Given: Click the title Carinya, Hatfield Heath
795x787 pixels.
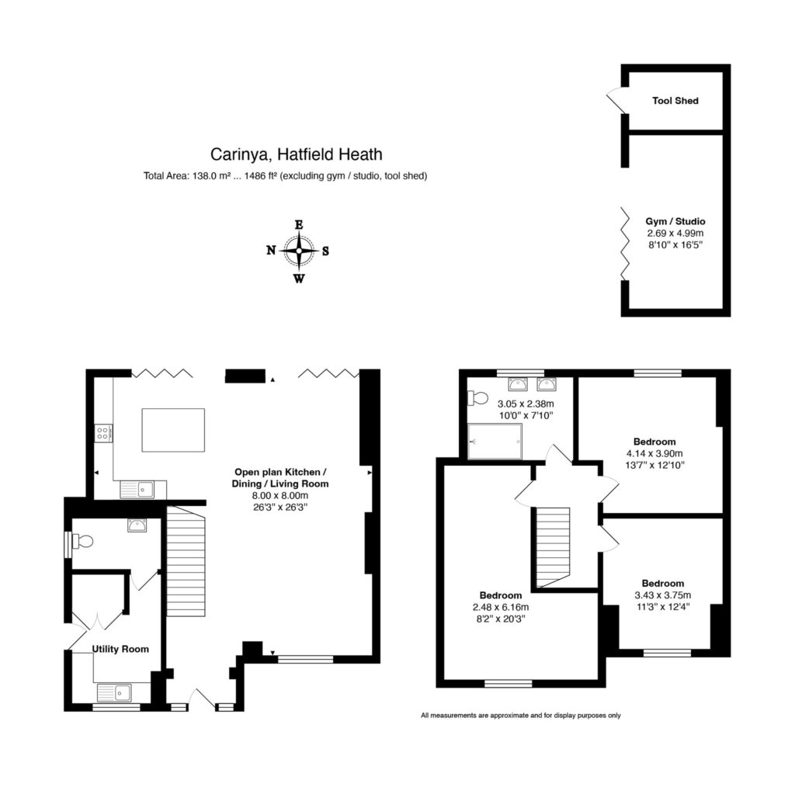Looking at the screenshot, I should point(297,155).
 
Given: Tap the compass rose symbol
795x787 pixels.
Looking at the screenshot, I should point(298,251).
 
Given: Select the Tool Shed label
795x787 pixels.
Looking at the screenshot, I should point(675,101).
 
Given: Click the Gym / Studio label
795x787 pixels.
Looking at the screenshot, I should point(675,222).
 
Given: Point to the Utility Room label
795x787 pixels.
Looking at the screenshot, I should point(120,649).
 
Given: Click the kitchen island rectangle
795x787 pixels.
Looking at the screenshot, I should point(173,430).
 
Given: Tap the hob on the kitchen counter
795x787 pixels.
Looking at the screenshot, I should point(103,433).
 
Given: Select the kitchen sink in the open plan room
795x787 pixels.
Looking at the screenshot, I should point(137,489).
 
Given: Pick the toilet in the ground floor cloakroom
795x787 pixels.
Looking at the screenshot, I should point(82,541).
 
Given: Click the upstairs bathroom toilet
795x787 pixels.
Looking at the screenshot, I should point(477,398).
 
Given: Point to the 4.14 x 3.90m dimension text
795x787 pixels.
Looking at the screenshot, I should point(654,453).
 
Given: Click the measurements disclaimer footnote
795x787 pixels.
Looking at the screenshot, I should point(520,716).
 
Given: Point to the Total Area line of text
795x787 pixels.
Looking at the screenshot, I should point(285,176).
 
